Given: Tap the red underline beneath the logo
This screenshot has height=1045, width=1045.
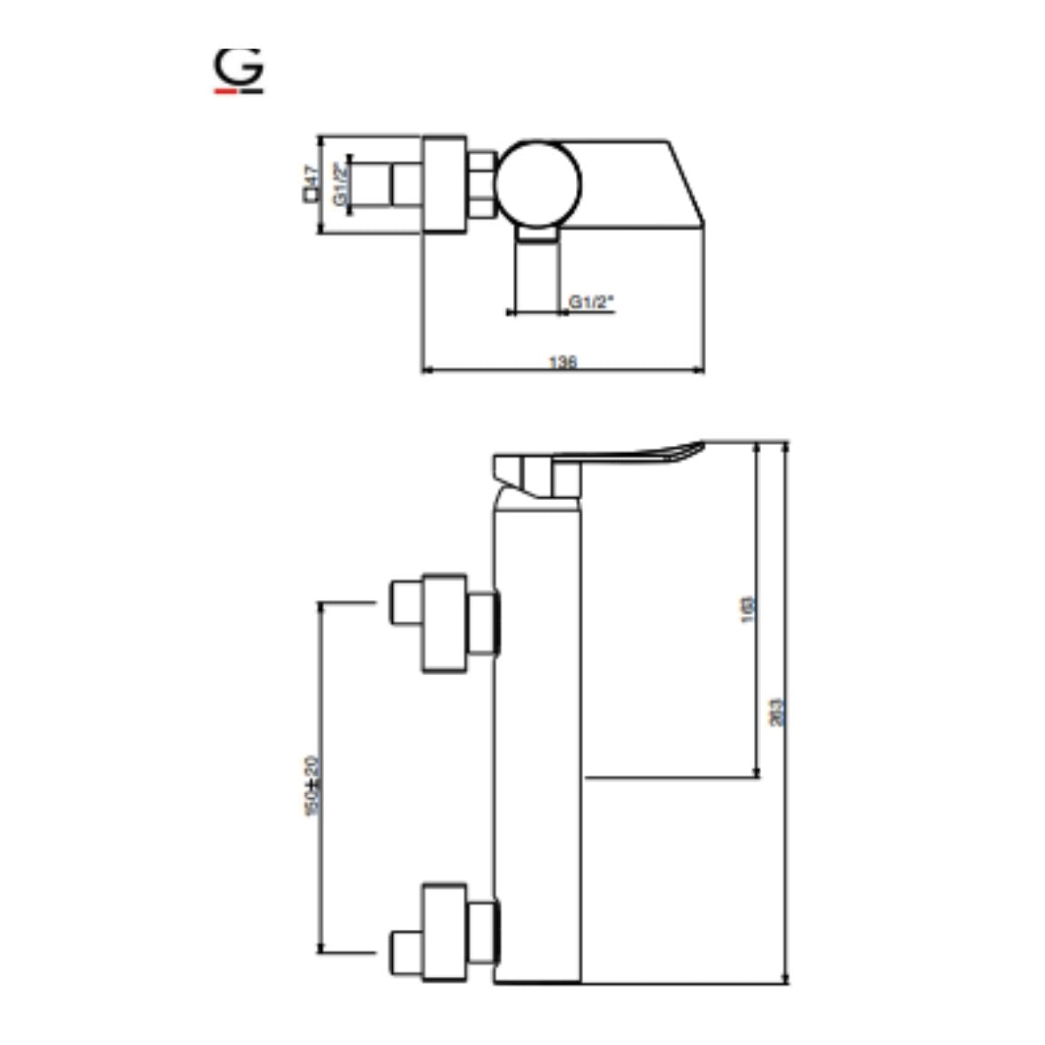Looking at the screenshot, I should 225,89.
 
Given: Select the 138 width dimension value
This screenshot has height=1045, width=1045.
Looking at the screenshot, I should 563,362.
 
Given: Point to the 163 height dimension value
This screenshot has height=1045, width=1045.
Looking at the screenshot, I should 748,609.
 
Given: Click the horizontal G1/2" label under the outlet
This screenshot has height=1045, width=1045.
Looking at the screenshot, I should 591,303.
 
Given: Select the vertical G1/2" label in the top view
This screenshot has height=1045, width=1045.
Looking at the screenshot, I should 339,184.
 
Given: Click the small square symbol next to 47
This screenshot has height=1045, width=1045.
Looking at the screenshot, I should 310,196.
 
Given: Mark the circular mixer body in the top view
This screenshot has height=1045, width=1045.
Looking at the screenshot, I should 537,182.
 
